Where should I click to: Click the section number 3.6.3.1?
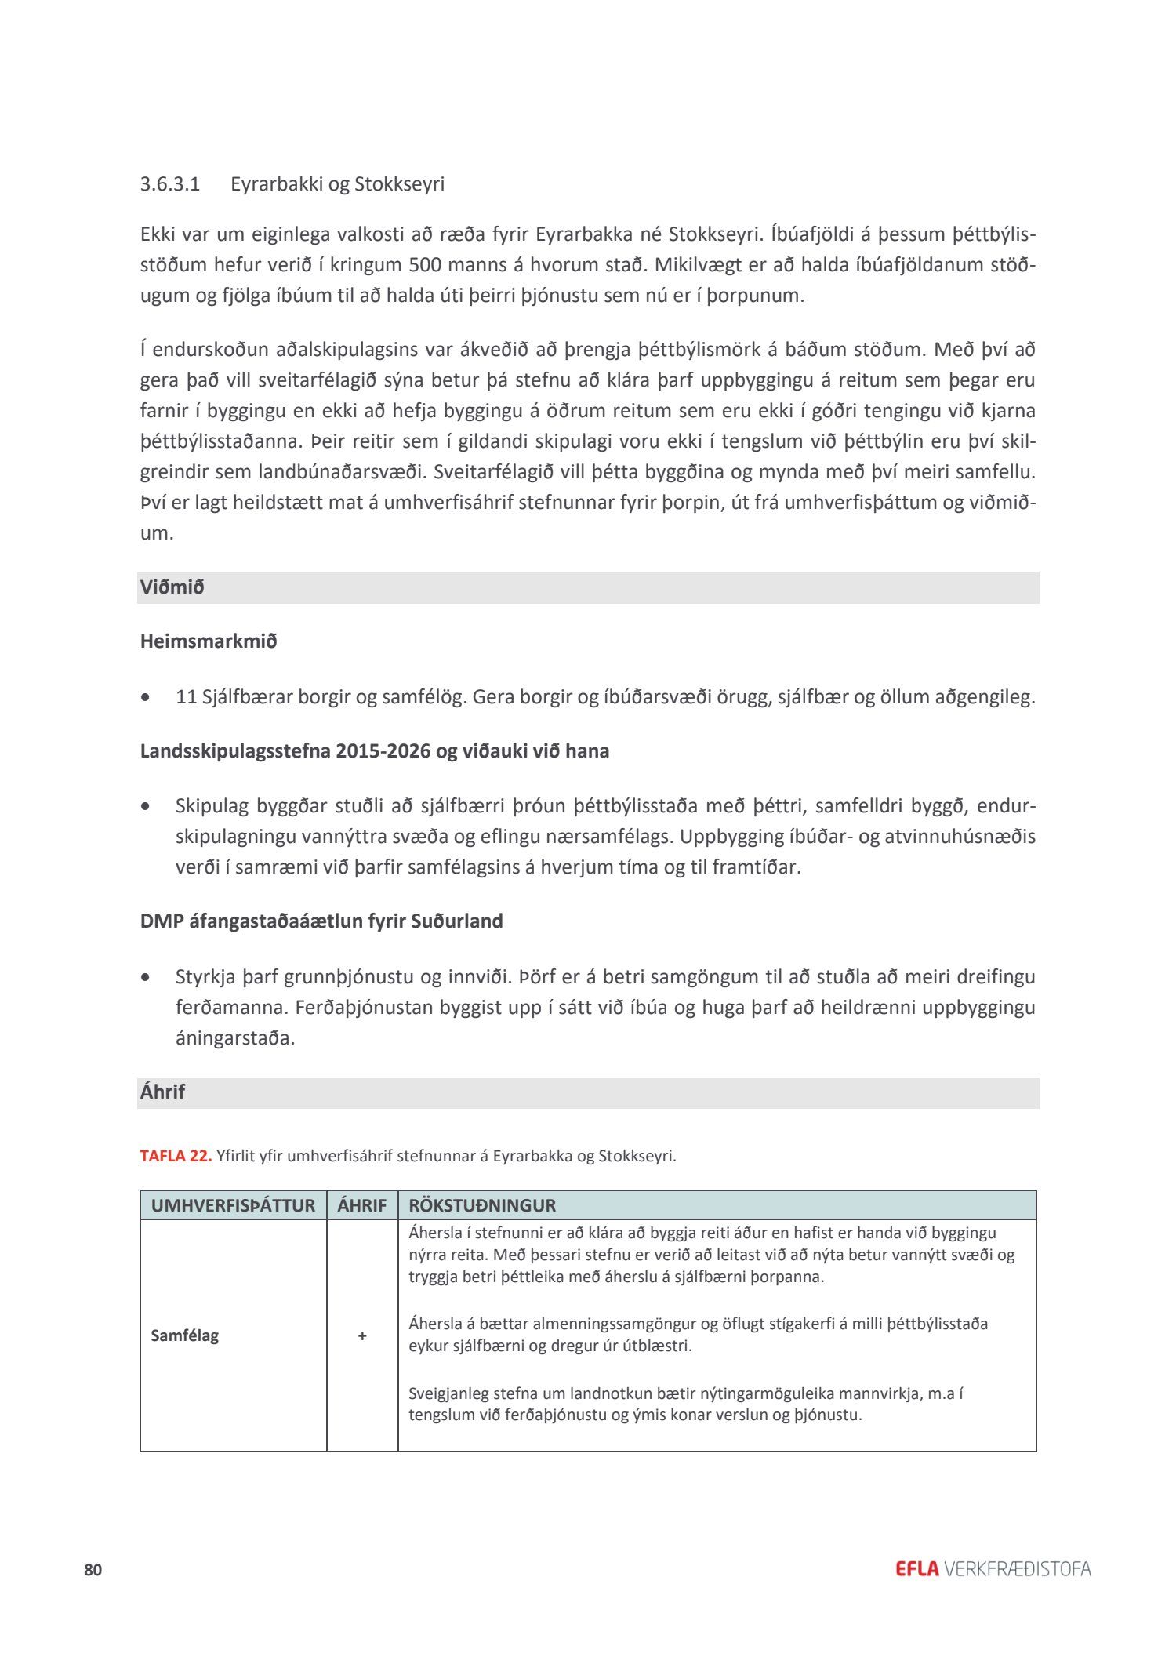click(x=170, y=184)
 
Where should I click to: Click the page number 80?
click(x=93, y=1570)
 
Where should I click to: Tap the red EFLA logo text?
click(x=916, y=1569)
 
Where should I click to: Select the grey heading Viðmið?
click(x=172, y=587)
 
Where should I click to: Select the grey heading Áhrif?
click(x=163, y=1092)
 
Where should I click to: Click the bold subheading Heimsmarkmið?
click(x=209, y=641)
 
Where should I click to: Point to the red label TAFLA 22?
click(x=176, y=1156)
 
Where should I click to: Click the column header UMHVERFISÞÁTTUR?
click(x=233, y=1205)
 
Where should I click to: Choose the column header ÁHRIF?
click(x=362, y=1205)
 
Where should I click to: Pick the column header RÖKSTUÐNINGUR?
click(x=482, y=1205)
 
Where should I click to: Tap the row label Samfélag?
click(x=185, y=1335)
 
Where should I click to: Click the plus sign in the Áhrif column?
click(x=362, y=1335)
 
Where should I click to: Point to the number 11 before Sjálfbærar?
click(x=186, y=696)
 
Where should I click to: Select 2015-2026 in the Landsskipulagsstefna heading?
click(x=384, y=751)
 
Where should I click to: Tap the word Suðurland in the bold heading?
click(x=458, y=921)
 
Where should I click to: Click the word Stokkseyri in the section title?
click(x=400, y=184)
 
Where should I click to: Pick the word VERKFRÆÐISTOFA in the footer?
click(x=1018, y=1569)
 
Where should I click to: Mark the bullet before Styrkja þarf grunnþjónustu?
click(x=145, y=978)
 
